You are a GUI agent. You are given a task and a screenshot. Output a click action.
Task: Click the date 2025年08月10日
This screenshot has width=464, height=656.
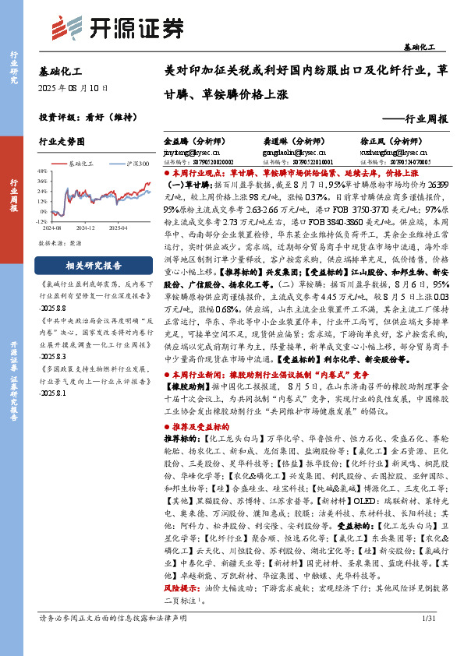[75, 89]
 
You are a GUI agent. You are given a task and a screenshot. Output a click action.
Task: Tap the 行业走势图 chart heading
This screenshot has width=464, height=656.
[60, 143]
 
